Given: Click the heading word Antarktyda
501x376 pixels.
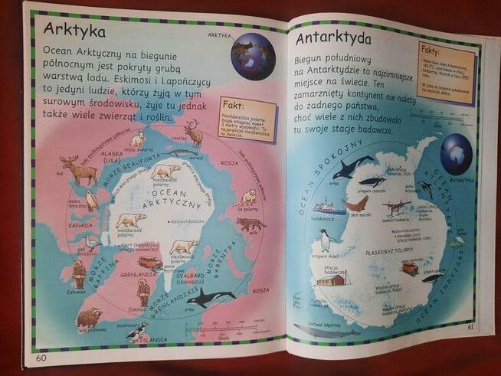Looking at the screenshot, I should [334, 38].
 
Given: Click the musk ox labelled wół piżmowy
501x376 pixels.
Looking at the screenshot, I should [89, 317].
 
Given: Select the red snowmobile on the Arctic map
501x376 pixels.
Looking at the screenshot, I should [149, 263].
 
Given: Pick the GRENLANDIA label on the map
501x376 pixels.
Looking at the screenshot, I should [139, 273].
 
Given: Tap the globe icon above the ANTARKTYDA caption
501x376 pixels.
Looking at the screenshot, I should [457, 149].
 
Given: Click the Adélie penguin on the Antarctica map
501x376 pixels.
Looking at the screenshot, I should [324, 240].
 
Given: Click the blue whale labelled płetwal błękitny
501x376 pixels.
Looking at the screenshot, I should [325, 331].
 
